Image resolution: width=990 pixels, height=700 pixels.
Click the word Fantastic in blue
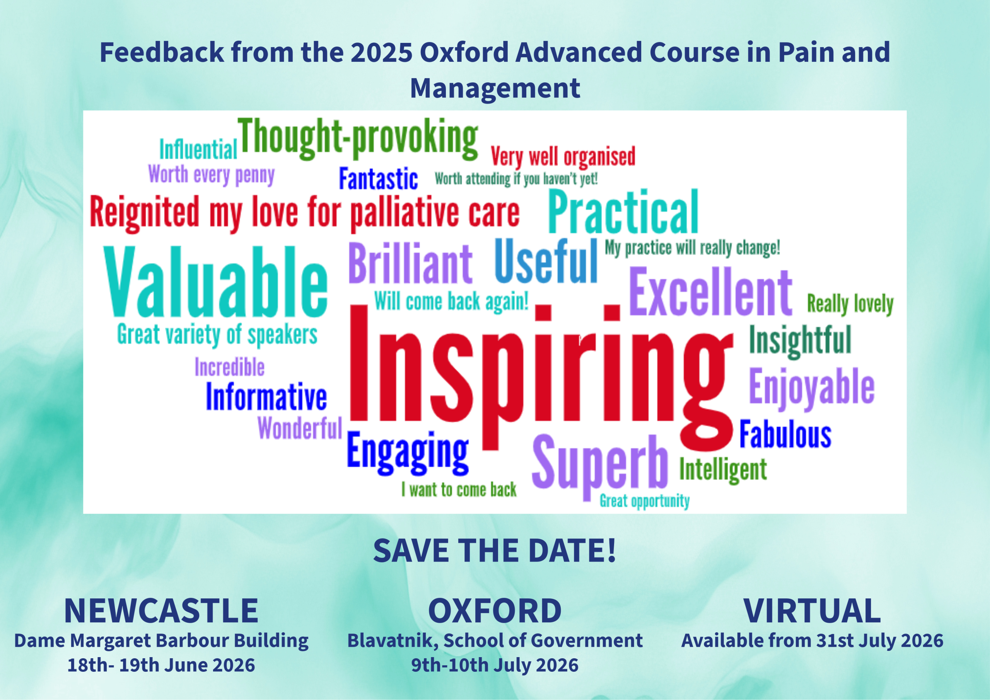pyautogui.click(x=378, y=179)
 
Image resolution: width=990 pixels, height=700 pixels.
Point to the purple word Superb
pyautogui.click(x=600, y=467)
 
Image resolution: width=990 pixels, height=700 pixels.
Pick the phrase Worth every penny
pyautogui.click(x=211, y=175)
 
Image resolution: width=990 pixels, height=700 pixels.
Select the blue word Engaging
pyautogui.click(x=408, y=453)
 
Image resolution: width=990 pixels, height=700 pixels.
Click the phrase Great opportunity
pyautogui.click(x=645, y=501)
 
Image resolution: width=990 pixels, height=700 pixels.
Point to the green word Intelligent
pyautogui.click(x=723, y=470)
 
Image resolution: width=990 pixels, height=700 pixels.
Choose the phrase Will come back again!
pyautogui.click(x=451, y=301)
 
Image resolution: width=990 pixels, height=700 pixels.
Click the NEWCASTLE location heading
pyautogui.click(x=161, y=611)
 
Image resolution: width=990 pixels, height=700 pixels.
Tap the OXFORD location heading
pyautogui.click(x=495, y=611)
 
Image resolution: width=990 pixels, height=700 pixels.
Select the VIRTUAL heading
pyautogui.click(x=812, y=611)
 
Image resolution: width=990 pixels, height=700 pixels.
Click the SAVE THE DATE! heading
pyautogui.click(x=495, y=550)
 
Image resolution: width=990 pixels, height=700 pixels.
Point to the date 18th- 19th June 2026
pyautogui.click(x=161, y=665)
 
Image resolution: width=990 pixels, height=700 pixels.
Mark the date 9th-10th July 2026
pyautogui.click(x=495, y=665)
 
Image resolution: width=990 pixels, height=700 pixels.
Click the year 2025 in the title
pyautogui.click(x=381, y=52)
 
